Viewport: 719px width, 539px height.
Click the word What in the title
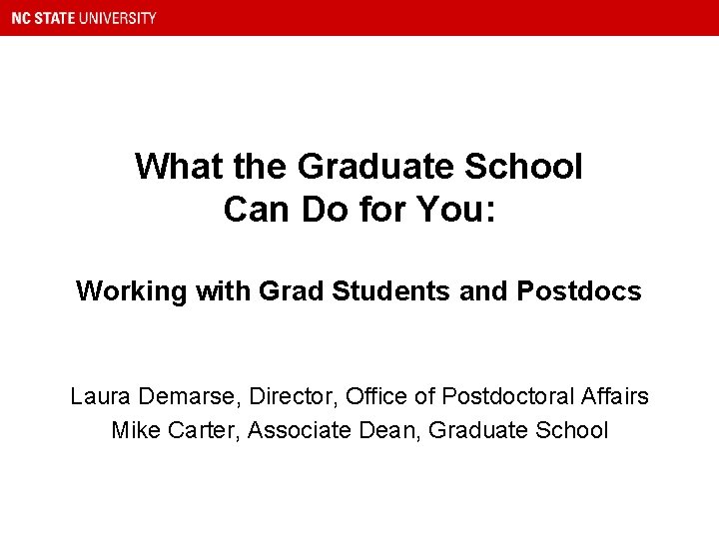tap(173, 166)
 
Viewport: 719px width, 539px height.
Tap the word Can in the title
tap(255, 210)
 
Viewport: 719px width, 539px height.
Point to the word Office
tap(376, 397)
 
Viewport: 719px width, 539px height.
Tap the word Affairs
tap(613, 397)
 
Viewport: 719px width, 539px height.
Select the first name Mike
tap(134, 431)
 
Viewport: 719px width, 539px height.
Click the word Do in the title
tap(322, 210)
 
